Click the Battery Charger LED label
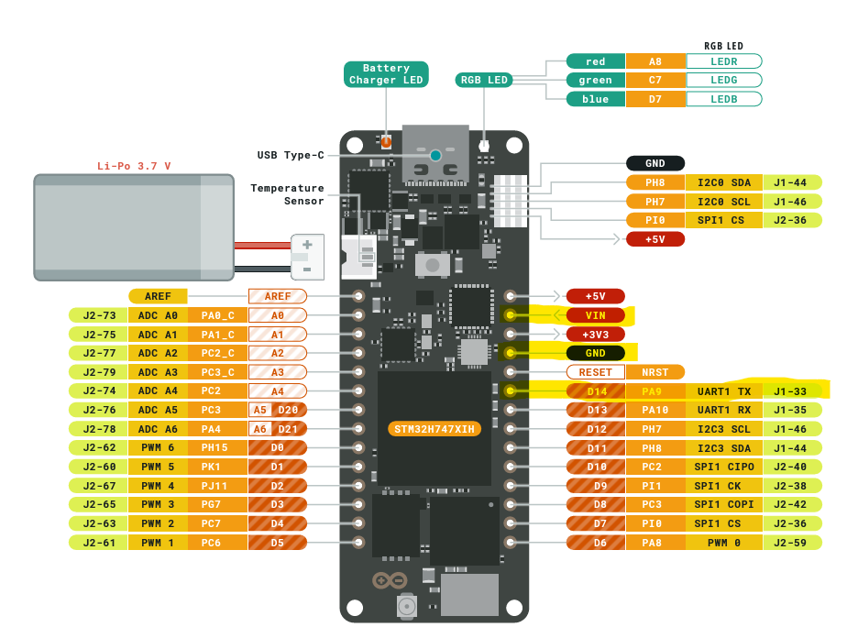(386, 74)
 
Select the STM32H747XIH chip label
(435, 429)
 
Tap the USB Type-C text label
(291, 155)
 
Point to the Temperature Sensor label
(287, 194)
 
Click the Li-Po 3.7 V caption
(134, 166)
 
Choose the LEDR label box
(723, 61)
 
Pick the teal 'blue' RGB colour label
(595, 99)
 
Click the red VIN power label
(595, 315)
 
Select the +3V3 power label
(595, 335)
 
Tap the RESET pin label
(595, 372)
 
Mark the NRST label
(654, 372)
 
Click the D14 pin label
(597, 391)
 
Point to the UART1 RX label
(723, 410)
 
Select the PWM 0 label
(723, 542)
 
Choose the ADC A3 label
(158, 372)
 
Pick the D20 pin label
(289, 410)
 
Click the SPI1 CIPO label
(723, 467)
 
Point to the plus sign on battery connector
(307, 245)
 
